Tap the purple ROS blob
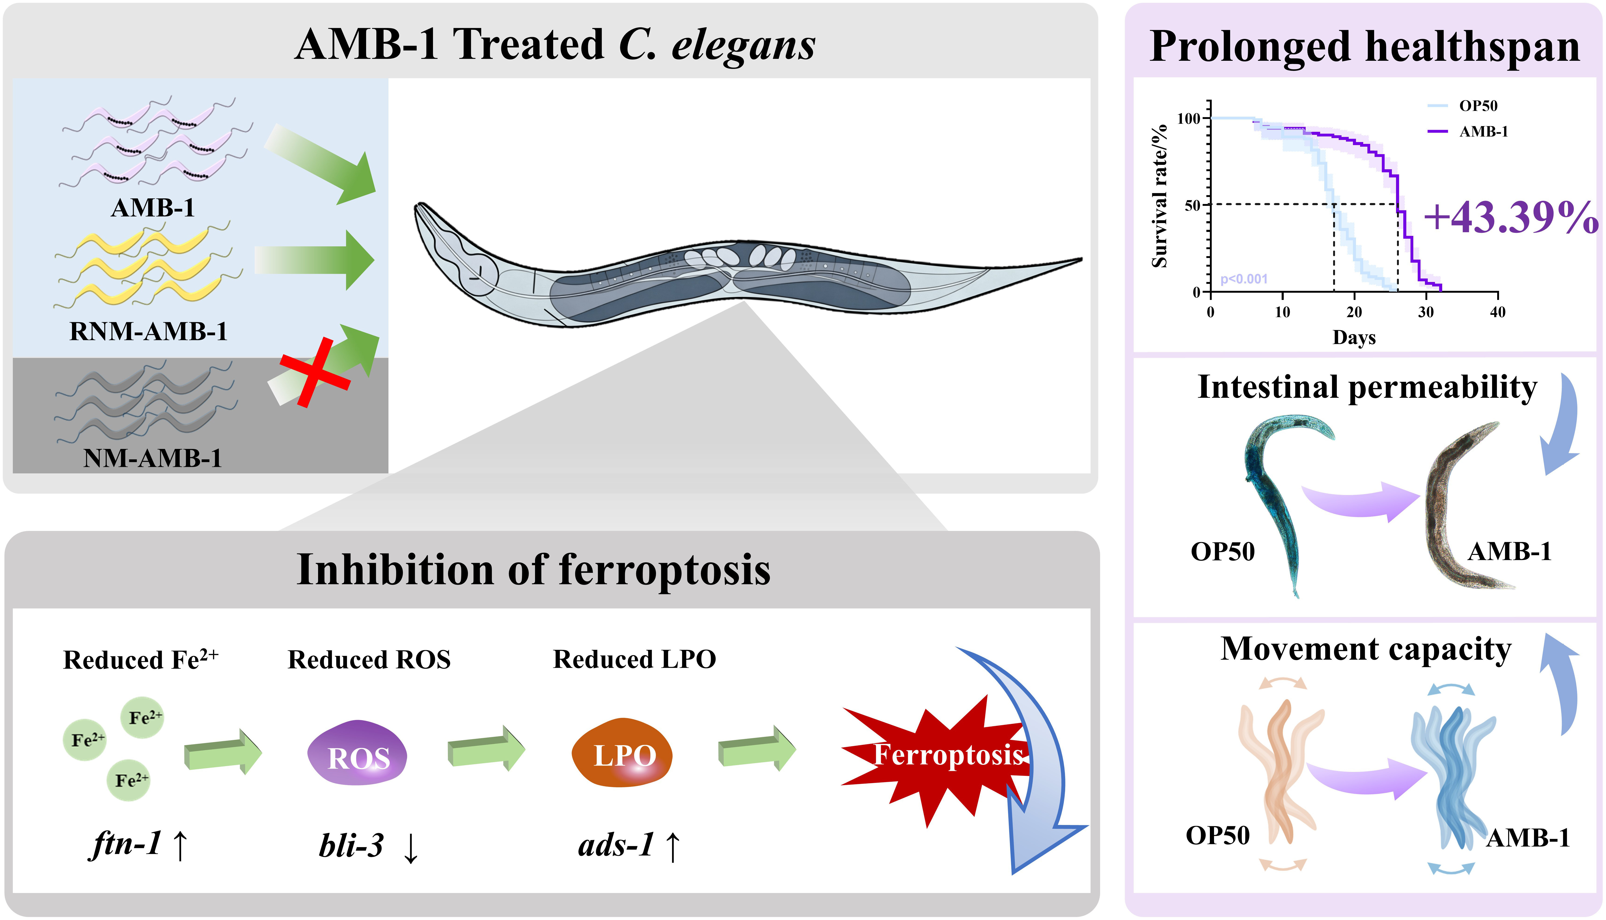coord(357,753)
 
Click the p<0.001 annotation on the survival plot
coord(1244,279)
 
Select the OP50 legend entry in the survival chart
coord(1462,105)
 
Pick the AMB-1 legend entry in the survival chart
coord(1467,131)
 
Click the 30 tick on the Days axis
coord(1426,312)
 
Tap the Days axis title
coord(1354,337)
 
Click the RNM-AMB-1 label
coord(148,331)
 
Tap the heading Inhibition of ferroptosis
coord(534,570)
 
